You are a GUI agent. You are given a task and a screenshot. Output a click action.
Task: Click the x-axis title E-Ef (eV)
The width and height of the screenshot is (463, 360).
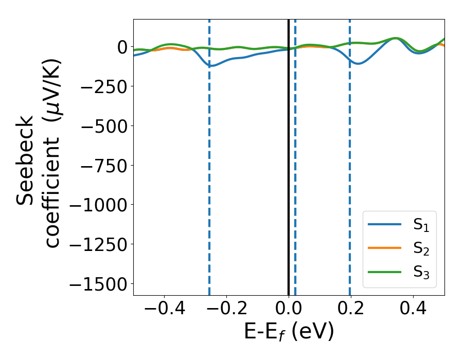289,332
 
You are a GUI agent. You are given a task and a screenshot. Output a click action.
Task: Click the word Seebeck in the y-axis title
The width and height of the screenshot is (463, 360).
26,160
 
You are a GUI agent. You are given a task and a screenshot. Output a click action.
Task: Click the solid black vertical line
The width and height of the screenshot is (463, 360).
289,154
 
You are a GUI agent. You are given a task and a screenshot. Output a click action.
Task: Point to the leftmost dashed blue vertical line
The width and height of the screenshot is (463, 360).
209,154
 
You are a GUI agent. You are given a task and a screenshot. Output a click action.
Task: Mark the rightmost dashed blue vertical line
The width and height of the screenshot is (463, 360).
350,154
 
